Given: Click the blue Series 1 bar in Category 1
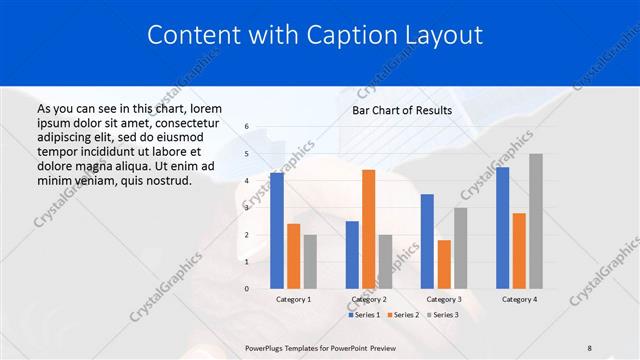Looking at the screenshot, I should [x=277, y=231].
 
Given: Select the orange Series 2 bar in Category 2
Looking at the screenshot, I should [x=368, y=229].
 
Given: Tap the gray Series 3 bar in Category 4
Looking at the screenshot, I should [x=536, y=221].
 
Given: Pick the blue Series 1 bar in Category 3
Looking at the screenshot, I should [x=427, y=241].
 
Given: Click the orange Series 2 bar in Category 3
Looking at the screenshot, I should [x=443, y=264].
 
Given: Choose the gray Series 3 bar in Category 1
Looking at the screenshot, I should [x=310, y=261].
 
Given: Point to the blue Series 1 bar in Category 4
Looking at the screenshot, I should [x=502, y=228].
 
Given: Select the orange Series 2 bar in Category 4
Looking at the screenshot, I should [x=519, y=250].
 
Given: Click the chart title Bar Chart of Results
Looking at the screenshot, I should [x=402, y=110].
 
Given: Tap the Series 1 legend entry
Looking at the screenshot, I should [x=363, y=314].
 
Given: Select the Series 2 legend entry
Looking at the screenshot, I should [x=403, y=314].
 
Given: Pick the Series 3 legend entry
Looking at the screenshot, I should [x=443, y=314].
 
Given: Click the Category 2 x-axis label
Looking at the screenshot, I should [x=369, y=299].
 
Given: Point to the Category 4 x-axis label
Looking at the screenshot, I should [x=519, y=299].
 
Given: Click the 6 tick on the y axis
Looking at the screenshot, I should [x=247, y=127].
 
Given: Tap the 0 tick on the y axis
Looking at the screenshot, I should [x=247, y=288].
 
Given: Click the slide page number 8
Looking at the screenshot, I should [x=590, y=346].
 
